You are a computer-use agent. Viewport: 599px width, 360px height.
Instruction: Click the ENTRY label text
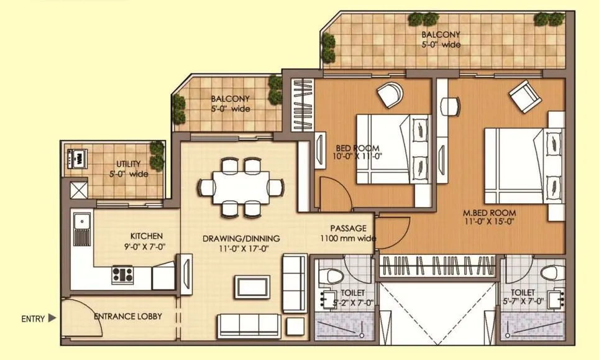point(33,319)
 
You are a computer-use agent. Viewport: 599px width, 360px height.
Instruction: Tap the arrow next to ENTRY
point(52,318)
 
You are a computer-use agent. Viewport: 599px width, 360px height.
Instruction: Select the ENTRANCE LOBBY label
point(127,316)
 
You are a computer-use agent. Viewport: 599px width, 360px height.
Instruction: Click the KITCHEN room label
point(146,236)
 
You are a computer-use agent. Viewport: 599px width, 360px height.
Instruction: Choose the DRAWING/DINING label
point(241,238)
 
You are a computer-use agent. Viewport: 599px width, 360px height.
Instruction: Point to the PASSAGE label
point(347,228)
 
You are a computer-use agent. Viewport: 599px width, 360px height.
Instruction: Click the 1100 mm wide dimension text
point(347,238)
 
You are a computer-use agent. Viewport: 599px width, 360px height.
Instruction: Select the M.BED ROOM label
point(489,213)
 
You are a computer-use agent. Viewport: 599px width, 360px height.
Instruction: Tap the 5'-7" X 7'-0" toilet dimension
point(523,302)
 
